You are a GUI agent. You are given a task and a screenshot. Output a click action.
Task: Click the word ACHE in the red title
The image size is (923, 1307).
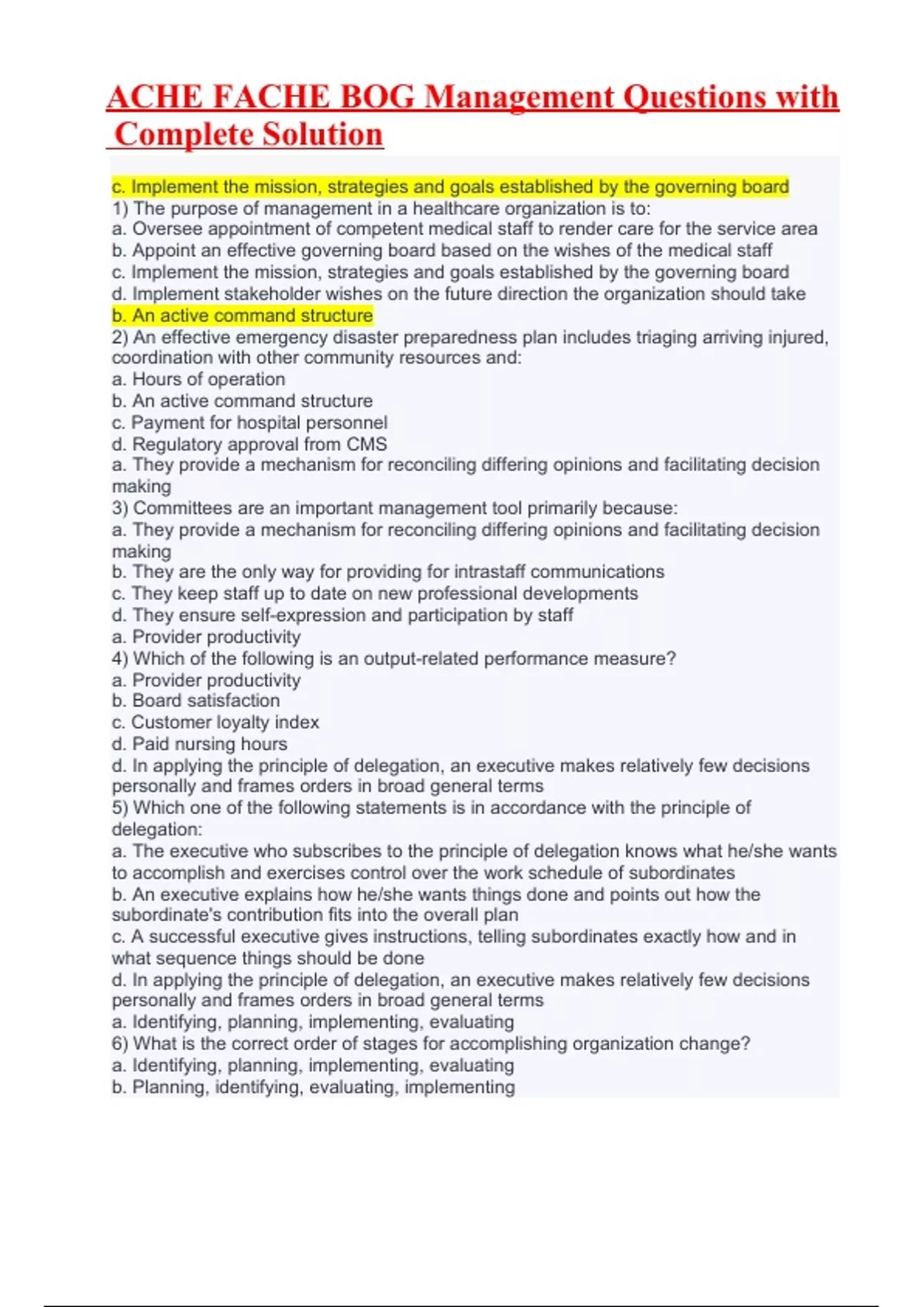click(x=154, y=98)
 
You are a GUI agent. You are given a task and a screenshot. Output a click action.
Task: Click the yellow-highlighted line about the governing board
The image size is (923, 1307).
click(x=450, y=187)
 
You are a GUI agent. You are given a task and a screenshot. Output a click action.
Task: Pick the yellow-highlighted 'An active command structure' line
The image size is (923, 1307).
click(x=242, y=315)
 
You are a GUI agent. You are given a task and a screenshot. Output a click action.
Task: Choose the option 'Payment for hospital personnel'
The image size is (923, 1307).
click(x=250, y=423)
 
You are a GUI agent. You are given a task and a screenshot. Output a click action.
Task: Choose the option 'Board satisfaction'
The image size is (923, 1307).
click(x=196, y=700)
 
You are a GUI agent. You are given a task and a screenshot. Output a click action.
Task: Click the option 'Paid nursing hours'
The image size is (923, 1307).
click(x=200, y=744)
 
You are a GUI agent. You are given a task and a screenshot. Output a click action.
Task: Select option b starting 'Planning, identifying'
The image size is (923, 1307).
click(x=314, y=1087)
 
